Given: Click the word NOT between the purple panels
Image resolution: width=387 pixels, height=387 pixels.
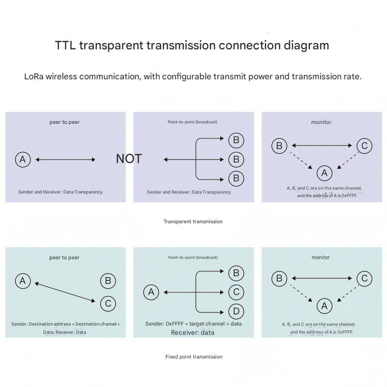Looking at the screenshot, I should tap(129, 159).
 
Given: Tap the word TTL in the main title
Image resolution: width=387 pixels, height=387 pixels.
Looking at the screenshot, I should tap(65, 45).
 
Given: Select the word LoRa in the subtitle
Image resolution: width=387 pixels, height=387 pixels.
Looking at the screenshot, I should tap(34, 76).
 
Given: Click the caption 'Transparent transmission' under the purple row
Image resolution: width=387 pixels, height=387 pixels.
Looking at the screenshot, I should tap(193, 222).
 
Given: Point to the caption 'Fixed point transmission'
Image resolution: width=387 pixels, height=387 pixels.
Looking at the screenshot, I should tap(193, 357).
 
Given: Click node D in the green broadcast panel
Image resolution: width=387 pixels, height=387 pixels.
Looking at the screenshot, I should tap(236, 311).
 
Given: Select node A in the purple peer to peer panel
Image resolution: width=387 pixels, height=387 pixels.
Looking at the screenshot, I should tap(23, 159).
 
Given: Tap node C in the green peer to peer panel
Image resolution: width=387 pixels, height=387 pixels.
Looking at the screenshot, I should tap(108, 303).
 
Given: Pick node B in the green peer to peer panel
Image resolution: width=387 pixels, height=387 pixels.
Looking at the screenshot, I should tap(108, 281).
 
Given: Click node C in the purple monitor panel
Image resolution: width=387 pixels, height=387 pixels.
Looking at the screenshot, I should tap(364, 146).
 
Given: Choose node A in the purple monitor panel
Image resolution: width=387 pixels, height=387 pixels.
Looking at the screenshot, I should tap(324, 173).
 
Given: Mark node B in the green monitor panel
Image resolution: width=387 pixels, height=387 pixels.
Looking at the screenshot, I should tap(279, 278).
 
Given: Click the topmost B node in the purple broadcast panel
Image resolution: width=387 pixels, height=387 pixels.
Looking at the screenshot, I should tap(236, 140).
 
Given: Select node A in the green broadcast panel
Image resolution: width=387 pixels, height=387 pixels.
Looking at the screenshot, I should tap(151, 292).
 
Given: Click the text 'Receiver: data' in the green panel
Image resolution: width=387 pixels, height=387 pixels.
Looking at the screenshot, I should tap(193, 332).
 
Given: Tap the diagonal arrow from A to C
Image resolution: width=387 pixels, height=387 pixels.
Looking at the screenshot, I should tap(65, 293).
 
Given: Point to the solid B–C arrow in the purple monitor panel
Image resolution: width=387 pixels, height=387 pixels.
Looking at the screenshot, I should tap(322, 145).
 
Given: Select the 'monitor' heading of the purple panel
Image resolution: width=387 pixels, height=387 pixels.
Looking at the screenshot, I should tap(321, 122).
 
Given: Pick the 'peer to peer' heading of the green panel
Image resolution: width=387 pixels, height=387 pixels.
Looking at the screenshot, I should tap(64, 257).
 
